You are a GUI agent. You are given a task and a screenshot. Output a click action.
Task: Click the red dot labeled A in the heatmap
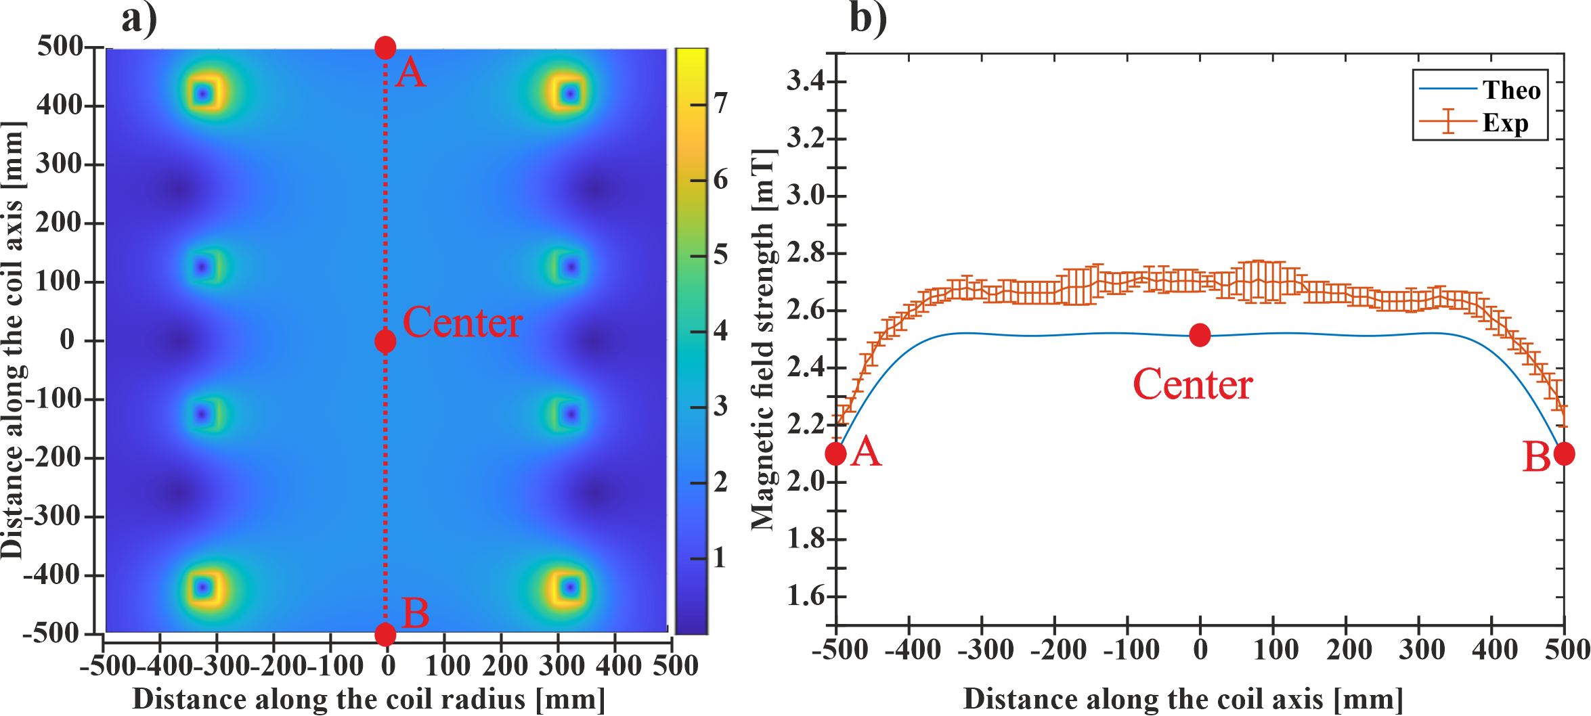[x=385, y=47]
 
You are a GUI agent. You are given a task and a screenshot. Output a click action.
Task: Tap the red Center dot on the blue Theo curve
[x=1200, y=334]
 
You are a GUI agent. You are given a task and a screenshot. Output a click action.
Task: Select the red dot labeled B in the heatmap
[x=385, y=634]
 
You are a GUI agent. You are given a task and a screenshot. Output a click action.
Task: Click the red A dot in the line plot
[x=835, y=453]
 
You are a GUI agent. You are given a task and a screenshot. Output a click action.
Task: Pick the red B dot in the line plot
[x=1564, y=453]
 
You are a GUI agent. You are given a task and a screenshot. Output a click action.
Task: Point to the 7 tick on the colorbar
[x=720, y=104]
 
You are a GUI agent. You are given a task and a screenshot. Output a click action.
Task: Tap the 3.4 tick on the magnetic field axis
[x=806, y=81]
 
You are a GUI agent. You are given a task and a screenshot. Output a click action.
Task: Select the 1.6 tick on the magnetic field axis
[x=806, y=596]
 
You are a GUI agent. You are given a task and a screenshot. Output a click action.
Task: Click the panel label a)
[x=139, y=18]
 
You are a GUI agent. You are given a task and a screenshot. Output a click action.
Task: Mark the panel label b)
[x=867, y=18]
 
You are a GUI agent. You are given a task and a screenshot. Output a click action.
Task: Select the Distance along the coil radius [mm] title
[x=368, y=699]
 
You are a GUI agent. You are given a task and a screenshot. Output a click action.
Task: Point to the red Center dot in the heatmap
[x=385, y=341]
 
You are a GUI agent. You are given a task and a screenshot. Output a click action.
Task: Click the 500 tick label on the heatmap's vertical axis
[x=60, y=46]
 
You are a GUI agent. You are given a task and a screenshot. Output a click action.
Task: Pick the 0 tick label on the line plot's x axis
[x=1200, y=649]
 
